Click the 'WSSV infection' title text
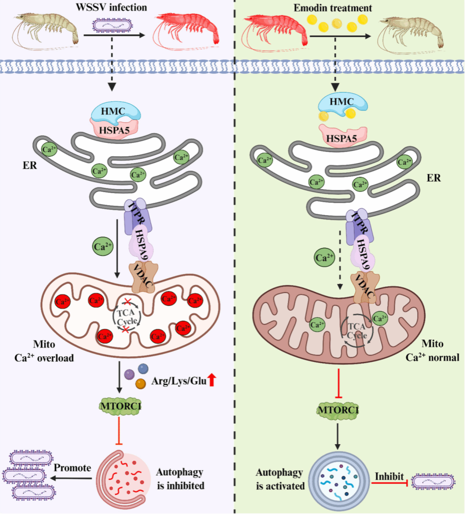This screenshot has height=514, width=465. point(111,7)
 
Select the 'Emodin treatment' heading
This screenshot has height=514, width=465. point(333,8)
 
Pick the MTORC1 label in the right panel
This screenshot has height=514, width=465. point(338,410)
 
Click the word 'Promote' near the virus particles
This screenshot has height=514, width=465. point(72,468)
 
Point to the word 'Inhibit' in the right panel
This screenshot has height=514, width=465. point(389,476)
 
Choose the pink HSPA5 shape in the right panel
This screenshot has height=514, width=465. point(342,137)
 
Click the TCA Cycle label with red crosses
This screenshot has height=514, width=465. point(127,317)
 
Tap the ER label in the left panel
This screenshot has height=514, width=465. point(30,166)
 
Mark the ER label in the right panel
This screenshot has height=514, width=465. point(434,178)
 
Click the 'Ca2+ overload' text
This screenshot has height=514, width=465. point(44,358)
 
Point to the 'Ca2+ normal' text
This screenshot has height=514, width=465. point(432,357)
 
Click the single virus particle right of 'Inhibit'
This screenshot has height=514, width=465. point(433,482)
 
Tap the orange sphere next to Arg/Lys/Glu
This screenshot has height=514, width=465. point(141,384)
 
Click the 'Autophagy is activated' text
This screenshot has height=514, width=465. point(280,479)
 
